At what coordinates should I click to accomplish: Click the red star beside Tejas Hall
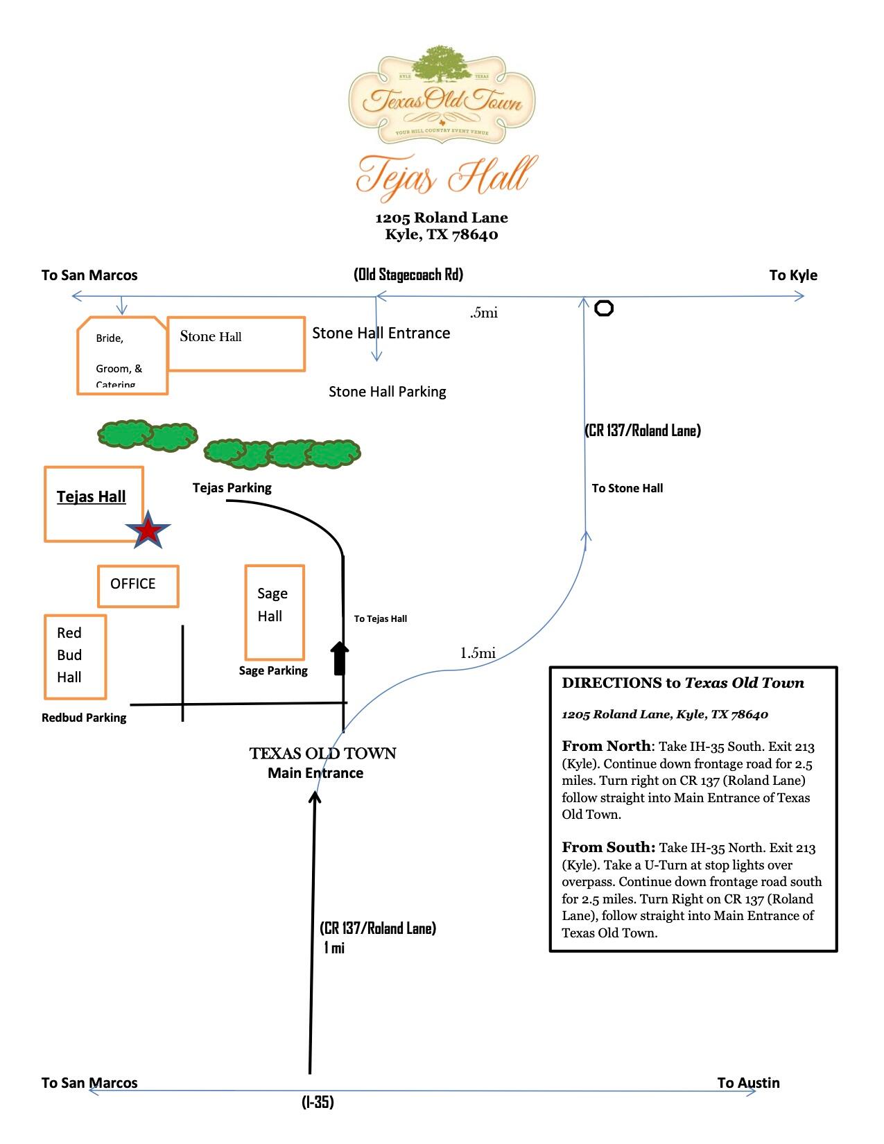(x=148, y=530)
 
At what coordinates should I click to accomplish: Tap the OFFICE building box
(x=138, y=587)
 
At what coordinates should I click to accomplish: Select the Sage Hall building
(x=275, y=612)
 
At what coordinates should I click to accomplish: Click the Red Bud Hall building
(x=76, y=657)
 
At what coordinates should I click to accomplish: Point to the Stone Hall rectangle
(x=236, y=344)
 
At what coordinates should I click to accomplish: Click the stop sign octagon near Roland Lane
(x=604, y=309)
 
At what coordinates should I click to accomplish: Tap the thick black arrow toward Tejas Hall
(x=340, y=658)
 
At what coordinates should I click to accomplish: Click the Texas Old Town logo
(x=442, y=95)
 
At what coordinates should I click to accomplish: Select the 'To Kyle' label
(x=793, y=275)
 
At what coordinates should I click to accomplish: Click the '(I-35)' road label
(x=318, y=1102)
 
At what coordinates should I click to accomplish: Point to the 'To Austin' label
(x=748, y=1083)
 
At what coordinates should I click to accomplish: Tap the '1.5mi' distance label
(x=478, y=653)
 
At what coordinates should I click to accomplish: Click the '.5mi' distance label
(x=483, y=313)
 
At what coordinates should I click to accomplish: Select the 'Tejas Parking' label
(x=232, y=488)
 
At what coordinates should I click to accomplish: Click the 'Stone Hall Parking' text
(x=388, y=392)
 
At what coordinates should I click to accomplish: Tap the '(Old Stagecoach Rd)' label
(x=408, y=275)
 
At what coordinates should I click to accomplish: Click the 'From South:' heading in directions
(x=609, y=847)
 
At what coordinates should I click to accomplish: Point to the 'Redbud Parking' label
(x=84, y=718)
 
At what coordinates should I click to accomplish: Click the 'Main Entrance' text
(x=315, y=773)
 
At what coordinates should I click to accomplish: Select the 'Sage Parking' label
(x=273, y=670)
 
